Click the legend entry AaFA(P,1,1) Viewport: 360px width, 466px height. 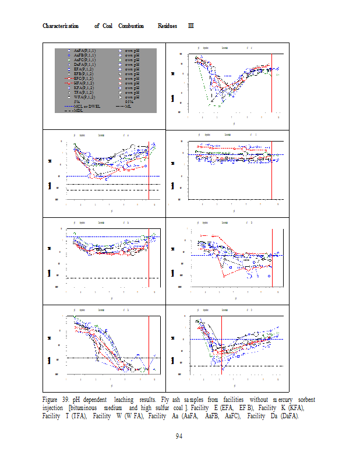(85, 51)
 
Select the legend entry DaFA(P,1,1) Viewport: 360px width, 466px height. (85, 64)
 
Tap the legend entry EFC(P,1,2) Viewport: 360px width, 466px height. (85, 78)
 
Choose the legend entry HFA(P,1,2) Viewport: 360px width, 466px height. (85, 83)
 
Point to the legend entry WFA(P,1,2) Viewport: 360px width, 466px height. (85, 97)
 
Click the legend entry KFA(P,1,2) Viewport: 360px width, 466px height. (85, 87)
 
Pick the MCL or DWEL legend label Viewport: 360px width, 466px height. (87, 106)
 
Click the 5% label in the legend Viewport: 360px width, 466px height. (77, 101)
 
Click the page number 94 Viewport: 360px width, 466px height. (180, 437)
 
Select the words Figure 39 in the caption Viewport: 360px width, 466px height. (56, 400)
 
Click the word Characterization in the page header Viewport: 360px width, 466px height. (61, 26)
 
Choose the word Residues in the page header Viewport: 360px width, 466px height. (170, 26)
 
